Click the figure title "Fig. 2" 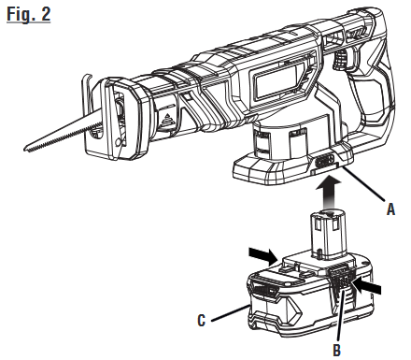29,14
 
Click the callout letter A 390,209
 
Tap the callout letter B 337,350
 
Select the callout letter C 202,320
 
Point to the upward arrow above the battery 327,192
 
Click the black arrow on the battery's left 263,255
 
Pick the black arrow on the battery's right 367,286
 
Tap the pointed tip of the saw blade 25,149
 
